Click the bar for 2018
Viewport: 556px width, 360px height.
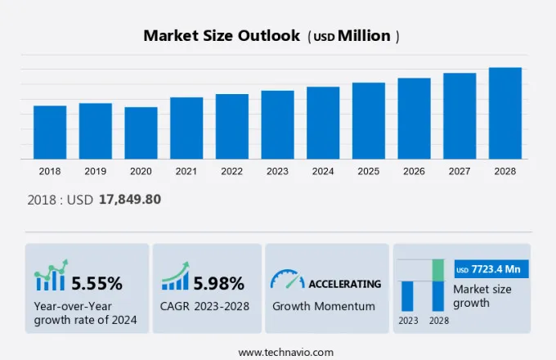coord(50,132)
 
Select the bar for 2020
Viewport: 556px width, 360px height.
coord(141,133)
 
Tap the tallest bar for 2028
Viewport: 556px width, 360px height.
coord(505,113)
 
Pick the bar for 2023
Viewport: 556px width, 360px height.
coord(277,124)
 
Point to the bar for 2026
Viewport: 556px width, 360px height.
coord(414,118)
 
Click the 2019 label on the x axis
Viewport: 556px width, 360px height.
coord(96,171)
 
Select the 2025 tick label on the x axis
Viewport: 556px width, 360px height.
coord(369,171)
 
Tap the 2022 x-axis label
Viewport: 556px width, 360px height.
coord(231,171)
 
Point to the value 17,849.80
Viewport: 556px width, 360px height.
coord(130,200)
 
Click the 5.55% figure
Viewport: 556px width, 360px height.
coord(96,284)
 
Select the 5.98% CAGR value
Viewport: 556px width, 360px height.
coord(218,284)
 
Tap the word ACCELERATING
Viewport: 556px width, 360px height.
coord(344,284)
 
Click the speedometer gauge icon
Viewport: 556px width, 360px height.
coord(286,280)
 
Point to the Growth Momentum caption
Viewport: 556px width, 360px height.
coord(324,307)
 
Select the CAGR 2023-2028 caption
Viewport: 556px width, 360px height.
coord(204,307)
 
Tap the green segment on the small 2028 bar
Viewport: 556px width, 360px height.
coord(438,270)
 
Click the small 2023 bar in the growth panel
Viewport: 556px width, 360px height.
coord(407,295)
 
